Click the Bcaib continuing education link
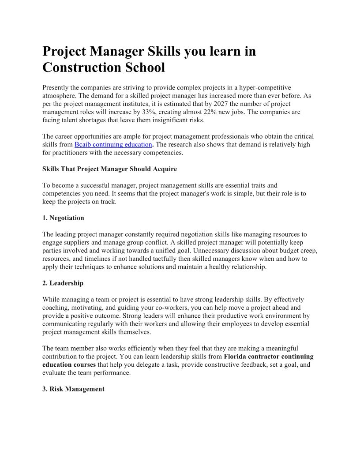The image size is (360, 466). tap(113, 144)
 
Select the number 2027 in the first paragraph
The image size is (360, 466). tap(222, 104)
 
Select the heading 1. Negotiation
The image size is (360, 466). tap(63, 218)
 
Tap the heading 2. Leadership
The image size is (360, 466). tap(63, 283)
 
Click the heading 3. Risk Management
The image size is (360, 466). tap(73, 389)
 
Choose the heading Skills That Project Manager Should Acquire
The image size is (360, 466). tap(109, 169)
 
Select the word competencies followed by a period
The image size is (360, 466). tap(163, 153)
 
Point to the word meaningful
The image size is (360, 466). tap(280, 348)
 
